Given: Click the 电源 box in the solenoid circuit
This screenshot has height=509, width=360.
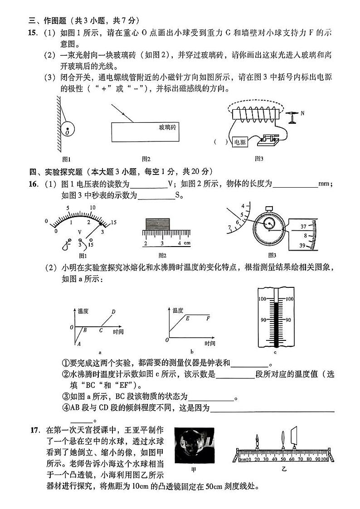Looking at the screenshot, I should pyautogui.click(x=239, y=142).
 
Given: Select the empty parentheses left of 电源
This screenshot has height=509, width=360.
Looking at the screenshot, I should pyautogui.click(x=221, y=142).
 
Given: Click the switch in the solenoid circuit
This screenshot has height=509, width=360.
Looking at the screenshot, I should pyautogui.click(x=269, y=140).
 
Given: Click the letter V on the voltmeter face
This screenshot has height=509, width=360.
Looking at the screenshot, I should pyautogui.click(x=80, y=232).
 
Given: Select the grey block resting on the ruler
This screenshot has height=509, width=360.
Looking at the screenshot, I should pyautogui.click(x=157, y=223).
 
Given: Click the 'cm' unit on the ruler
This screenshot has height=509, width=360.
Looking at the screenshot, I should pyautogui.click(x=186, y=243).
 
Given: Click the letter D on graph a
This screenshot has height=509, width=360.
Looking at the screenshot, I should pyautogui.click(x=113, y=311).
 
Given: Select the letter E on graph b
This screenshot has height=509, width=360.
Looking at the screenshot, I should pyautogui.click(x=187, y=319).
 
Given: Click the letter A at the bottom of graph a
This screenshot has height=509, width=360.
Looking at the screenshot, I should pyautogui.click(x=79, y=344).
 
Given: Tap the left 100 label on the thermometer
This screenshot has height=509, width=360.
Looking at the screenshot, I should pyautogui.click(x=262, y=299).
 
